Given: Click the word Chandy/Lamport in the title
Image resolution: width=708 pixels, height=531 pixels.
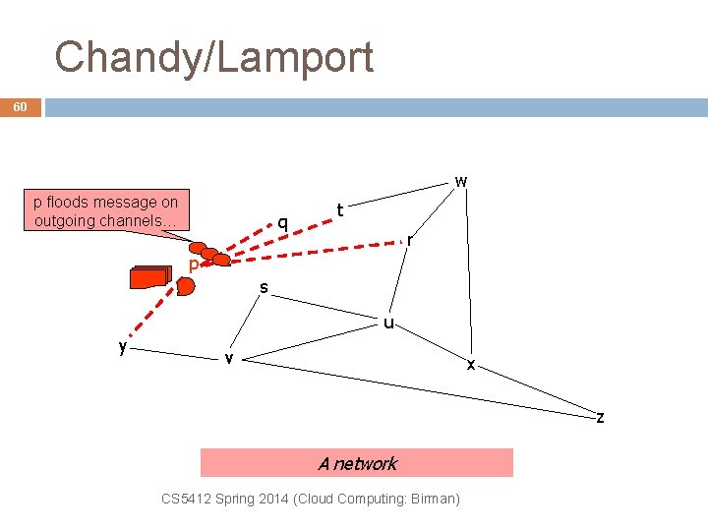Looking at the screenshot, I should pos(214,57).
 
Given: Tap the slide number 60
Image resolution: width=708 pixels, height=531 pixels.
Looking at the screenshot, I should pos(21,106).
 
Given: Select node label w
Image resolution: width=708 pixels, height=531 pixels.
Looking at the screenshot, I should pos(460,181).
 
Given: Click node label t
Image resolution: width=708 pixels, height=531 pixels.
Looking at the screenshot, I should pos(340,209).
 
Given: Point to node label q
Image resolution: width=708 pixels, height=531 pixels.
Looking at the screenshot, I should pos(282,222).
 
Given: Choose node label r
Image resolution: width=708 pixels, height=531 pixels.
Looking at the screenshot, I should pos(410,239).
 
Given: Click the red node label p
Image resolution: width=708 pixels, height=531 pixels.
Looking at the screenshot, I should pos(194,265).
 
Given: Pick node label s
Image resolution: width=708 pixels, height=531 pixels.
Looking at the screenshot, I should pos(264,288).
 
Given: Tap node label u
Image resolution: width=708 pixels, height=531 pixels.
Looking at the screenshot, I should pos(389,322).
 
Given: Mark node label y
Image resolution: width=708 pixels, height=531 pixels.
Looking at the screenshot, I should pos(122,346).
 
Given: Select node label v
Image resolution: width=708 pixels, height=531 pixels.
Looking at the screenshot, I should pos(228,358).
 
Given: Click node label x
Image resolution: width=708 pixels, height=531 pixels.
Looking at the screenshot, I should pos(471,365).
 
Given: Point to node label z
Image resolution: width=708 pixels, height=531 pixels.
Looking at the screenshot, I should pos(600,418).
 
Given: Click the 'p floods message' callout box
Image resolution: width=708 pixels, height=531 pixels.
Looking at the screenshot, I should pos(105,211).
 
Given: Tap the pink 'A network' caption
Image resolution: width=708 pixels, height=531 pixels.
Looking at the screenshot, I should pos(357,463).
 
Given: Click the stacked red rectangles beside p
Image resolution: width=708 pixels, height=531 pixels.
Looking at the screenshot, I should pos(150,277).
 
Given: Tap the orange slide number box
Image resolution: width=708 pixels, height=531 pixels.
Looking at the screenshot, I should pos(21,106).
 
